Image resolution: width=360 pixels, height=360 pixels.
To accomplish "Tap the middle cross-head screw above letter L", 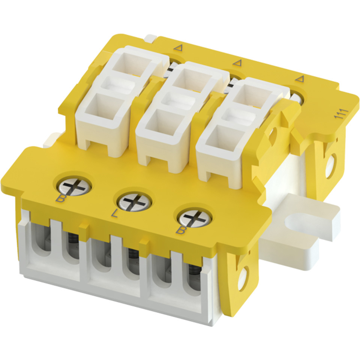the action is pyautogui.click(x=135, y=201).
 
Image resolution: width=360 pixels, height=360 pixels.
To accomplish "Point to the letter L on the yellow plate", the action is pyautogui.click(x=114, y=214).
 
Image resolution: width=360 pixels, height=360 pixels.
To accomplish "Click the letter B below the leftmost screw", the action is pyautogui.click(x=60, y=198).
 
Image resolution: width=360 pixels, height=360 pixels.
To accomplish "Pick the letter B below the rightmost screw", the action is pyautogui.click(x=181, y=230).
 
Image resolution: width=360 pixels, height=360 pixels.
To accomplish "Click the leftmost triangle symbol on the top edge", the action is pyautogui.click(x=178, y=48).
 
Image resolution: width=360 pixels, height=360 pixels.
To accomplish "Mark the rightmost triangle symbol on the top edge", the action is pyautogui.click(x=299, y=79).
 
